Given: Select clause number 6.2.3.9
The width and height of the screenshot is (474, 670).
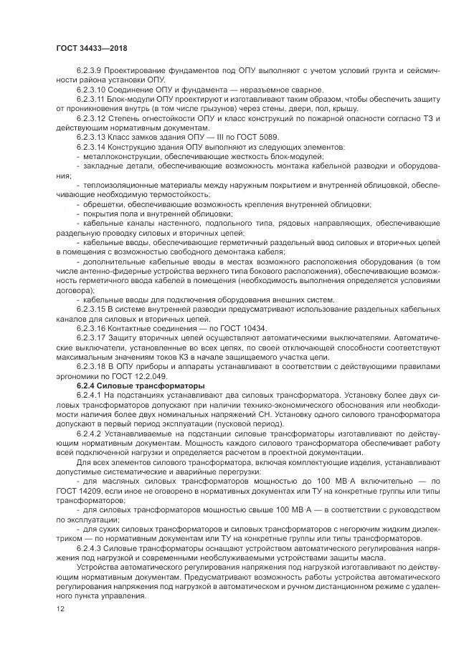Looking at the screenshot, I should pyautogui.click(x=91, y=70).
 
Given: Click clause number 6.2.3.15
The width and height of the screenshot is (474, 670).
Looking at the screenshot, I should pyautogui.click(x=93, y=309).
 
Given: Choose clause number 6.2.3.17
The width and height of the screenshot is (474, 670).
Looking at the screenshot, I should pyautogui.click(x=93, y=338).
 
